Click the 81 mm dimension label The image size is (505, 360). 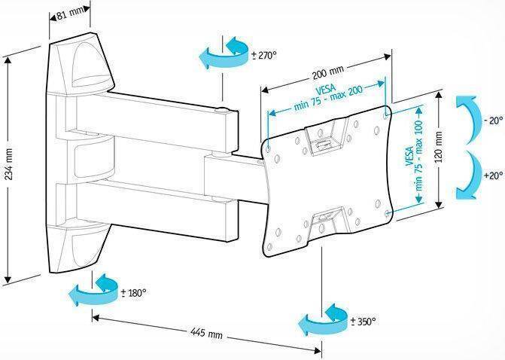coord(69,14)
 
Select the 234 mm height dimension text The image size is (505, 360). coord(9,164)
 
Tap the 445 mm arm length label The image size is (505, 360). coord(206,333)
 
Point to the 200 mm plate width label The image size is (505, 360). coord(328,73)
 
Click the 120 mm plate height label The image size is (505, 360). coord(439,147)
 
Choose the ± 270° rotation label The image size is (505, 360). coord(264,56)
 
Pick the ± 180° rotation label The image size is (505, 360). coord(134,293)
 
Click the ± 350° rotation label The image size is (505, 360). coord(364,322)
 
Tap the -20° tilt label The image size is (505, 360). coord(493,121)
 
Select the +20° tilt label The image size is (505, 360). coord(494,175)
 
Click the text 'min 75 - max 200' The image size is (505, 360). coord(328,98)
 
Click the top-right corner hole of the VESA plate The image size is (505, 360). coord(387,114)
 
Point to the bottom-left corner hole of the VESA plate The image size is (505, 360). coord(269,247)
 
